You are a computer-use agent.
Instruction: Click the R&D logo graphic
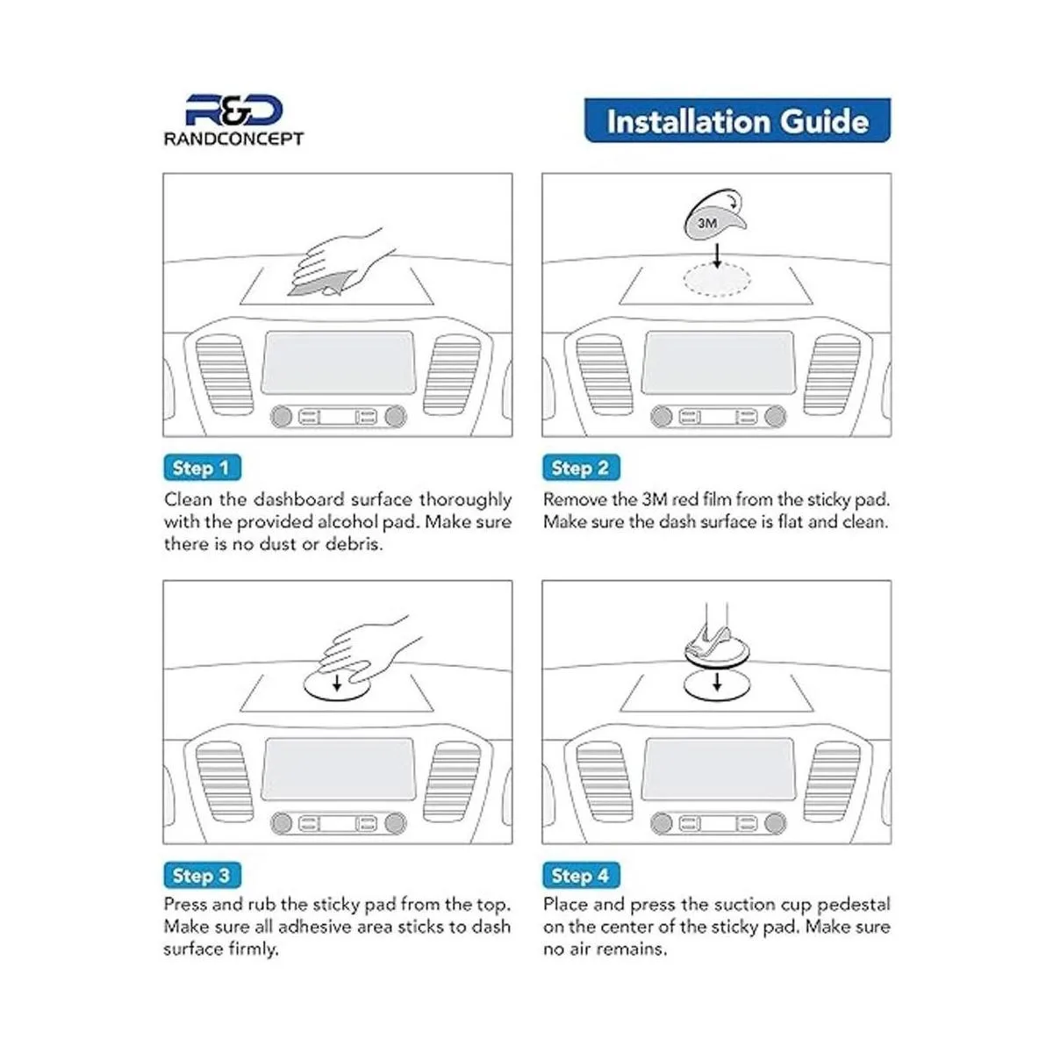234,111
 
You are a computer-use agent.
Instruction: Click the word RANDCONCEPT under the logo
234,139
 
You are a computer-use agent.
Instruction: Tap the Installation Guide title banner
737,121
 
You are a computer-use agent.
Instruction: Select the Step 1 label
202,468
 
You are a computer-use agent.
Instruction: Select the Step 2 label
581,468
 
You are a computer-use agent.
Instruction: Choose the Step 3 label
202,875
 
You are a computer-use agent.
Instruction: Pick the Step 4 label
581,875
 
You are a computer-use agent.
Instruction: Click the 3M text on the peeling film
707,223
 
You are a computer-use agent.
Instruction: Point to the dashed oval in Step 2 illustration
717,280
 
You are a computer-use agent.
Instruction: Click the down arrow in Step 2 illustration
717,255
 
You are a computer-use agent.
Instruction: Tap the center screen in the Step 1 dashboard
338,362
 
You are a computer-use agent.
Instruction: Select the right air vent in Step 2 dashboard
832,375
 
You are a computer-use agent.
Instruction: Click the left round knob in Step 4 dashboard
661,823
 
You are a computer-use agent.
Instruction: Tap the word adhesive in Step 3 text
308,927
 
